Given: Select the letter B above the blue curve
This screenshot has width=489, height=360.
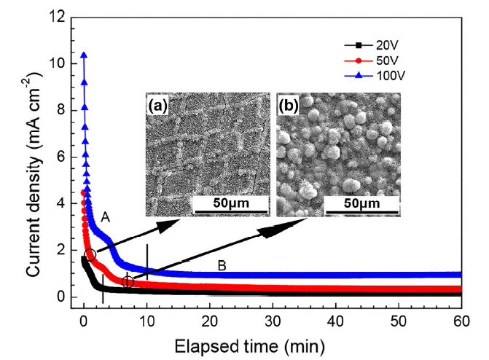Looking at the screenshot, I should pos(224,266).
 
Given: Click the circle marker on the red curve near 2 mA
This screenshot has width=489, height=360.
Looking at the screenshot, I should pos(90,255).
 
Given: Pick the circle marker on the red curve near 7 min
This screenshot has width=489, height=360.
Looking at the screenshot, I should pos(128,281).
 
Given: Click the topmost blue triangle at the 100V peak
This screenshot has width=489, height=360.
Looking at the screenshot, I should pos(85,55).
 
